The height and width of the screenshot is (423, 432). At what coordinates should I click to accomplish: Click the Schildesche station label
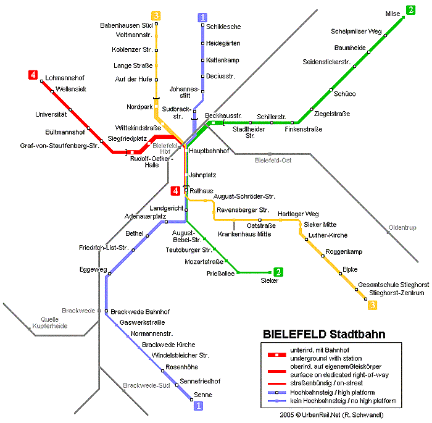(x=223, y=27)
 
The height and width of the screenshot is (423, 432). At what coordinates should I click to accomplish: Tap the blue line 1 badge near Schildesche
(x=202, y=18)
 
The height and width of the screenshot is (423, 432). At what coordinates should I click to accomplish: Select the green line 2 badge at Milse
(x=410, y=10)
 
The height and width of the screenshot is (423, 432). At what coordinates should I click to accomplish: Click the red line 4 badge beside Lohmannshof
(x=33, y=75)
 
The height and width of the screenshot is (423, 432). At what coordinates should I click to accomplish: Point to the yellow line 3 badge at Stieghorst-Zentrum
(x=373, y=305)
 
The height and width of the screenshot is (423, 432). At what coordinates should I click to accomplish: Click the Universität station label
(x=51, y=114)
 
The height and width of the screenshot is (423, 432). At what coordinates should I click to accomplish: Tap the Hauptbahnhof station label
(x=209, y=151)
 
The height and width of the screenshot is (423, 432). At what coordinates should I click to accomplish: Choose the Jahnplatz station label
(x=202, y=175)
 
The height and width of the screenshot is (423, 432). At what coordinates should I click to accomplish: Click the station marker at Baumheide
(x=368, y=52)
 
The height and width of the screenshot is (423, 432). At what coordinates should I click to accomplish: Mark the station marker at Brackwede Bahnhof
(x=106, y=311)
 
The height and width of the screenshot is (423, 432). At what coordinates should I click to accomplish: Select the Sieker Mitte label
(x=320, y=224)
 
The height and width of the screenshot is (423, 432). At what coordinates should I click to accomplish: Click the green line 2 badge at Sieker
(x=278, y=272)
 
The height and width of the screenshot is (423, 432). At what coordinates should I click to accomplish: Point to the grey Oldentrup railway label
(x=402, y=227)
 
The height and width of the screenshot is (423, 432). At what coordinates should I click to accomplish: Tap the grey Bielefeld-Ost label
(x=273, y=161)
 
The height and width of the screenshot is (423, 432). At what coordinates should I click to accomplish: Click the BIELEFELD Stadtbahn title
(x=324, y=334)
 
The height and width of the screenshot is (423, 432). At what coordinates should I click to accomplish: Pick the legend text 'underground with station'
(x=326, y=359)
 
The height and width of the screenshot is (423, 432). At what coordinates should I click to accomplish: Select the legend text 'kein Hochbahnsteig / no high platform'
(x=343, y=401)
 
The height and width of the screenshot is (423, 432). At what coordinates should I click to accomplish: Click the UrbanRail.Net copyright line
(x=331, y=415)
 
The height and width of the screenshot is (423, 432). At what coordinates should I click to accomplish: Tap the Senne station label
(x=203, y=395)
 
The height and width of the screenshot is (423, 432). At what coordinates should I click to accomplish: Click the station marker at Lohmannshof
(x=41, y=81)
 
